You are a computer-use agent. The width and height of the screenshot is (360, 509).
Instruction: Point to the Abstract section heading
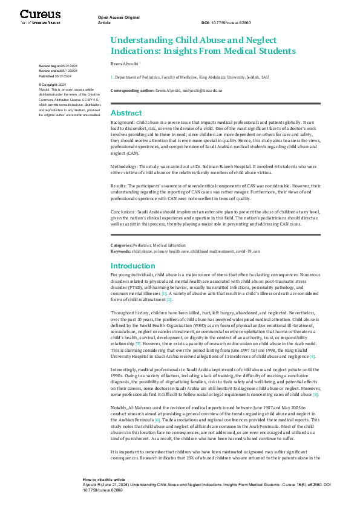(126, 113)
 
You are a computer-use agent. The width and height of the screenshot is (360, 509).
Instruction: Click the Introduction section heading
(133, 266)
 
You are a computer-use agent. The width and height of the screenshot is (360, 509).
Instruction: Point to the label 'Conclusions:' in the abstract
(125, 212)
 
